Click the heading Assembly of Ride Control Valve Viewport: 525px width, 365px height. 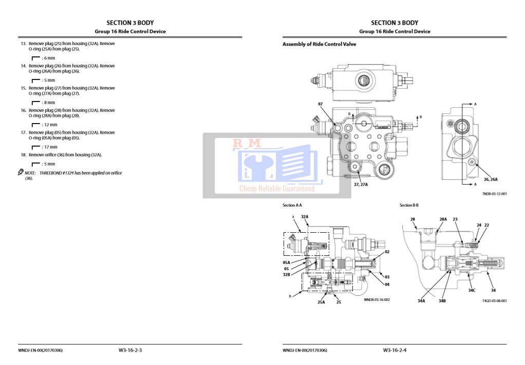319,44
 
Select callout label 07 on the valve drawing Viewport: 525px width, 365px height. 320,104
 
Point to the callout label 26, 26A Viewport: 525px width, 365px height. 491,179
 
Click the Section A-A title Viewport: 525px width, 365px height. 292,205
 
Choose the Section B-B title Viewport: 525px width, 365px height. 409,205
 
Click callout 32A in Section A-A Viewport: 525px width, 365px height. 305,217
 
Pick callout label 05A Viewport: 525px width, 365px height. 286,262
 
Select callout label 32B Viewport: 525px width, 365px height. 287,274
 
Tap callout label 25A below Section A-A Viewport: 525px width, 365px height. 321,302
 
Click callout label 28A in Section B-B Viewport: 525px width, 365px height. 443,219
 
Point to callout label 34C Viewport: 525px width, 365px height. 472,290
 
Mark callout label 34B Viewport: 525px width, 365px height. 442,301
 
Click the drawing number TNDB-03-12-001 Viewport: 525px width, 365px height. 494,194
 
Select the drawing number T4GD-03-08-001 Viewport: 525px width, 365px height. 494,301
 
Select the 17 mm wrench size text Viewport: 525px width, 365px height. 49,147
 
